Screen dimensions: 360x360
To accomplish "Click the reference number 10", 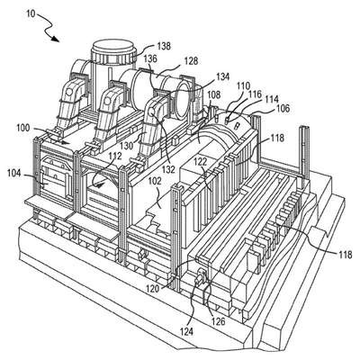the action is (x=31, y=13).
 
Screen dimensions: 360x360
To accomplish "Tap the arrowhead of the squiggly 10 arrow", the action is (x=55, y=39).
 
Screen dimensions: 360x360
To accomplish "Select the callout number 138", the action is (x=164, y=47).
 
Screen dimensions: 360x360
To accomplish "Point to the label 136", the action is (x=150, y=58).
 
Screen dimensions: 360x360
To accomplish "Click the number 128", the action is (x=191, y=61).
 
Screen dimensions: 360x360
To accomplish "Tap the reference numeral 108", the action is (x=213, y=95).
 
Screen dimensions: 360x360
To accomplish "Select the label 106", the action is (x=283, y=108).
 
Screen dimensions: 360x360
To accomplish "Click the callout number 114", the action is (x=272, y=99).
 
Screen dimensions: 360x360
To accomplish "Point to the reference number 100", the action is (x=23, y=128).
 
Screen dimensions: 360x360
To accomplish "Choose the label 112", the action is (x=115, y=156).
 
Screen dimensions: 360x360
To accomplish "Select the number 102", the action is (x=155, y=182).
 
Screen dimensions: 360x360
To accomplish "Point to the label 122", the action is (x=200, y=162).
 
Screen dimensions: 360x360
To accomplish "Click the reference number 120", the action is (x=153, y=289).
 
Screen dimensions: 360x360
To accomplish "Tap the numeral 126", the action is (x=218, y=321).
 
